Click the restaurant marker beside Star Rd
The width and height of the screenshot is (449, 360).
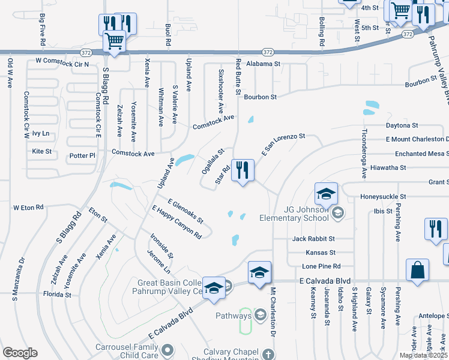tap(243, 170)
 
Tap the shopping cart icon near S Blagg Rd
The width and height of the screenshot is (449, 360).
tap(114, 41)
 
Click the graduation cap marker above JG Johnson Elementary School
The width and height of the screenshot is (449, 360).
tap(327, 194)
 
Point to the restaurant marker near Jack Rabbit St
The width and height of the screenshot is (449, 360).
tap(436, 229)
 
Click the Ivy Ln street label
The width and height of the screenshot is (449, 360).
tap(41, 133)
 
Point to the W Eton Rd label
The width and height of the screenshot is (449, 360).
tap(29, 207)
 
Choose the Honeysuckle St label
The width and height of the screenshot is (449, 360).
tap(383, 196)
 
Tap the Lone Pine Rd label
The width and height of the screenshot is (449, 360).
tap(321, 266)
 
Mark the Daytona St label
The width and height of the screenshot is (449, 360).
tap(401, 125)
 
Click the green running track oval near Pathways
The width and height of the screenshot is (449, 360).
tap(245, 322)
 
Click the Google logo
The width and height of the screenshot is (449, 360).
tap(20, 353)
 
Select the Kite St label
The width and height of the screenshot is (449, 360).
tap(42, 151)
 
